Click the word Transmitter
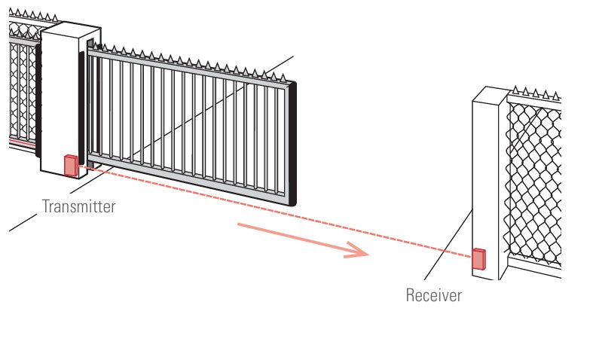[78, 206]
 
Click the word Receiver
[433, 294]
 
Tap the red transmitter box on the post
[71, 165]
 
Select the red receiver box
[478, 258]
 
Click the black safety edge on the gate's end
[294, 143]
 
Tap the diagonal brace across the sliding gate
[188, 124]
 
